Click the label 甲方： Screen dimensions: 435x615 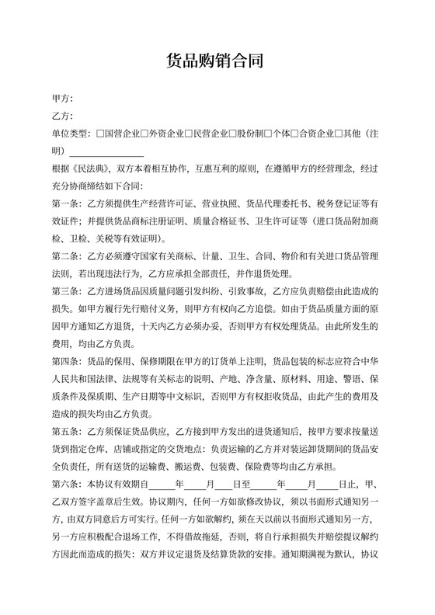point(62,99)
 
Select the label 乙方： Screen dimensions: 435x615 point(62,116)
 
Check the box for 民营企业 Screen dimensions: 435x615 point(189,134)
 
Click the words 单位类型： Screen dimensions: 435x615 point(71,134)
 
